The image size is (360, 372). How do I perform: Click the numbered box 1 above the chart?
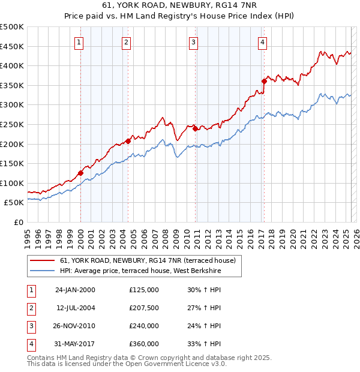(80, 42)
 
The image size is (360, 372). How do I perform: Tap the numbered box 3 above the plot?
(194, 42)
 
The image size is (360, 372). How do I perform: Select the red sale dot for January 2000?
(80, 173)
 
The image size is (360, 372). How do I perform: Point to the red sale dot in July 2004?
(128, 141)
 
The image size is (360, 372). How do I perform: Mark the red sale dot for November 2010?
(196, 128)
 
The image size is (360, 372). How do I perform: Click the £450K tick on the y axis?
(12, 46)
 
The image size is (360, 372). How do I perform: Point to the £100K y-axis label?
(12, 183)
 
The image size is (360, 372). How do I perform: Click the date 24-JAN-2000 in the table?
(75, 290)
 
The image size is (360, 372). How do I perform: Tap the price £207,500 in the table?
(143, 308)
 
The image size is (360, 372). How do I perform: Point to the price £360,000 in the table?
(143, 344)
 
